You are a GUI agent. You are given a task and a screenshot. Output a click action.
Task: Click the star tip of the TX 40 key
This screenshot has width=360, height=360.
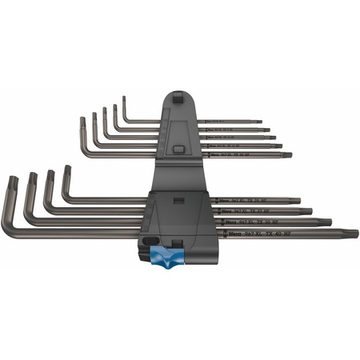tap(352, 234)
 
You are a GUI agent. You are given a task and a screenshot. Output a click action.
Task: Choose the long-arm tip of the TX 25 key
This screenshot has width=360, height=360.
tap(298, 200)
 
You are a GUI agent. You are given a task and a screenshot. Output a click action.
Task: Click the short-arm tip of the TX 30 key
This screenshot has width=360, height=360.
tap(32, 176)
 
